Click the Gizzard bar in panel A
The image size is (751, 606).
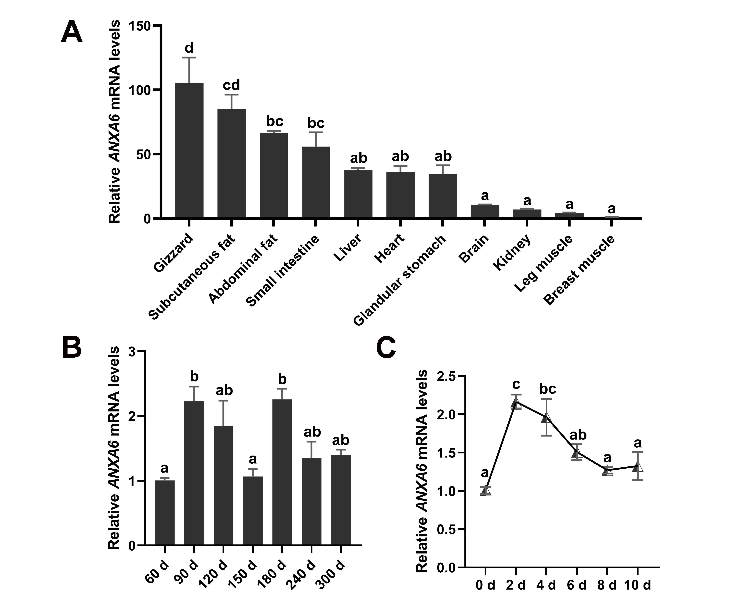[189, 150]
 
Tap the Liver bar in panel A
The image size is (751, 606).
[358, 194]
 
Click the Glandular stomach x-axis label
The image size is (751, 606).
[400, 280]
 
